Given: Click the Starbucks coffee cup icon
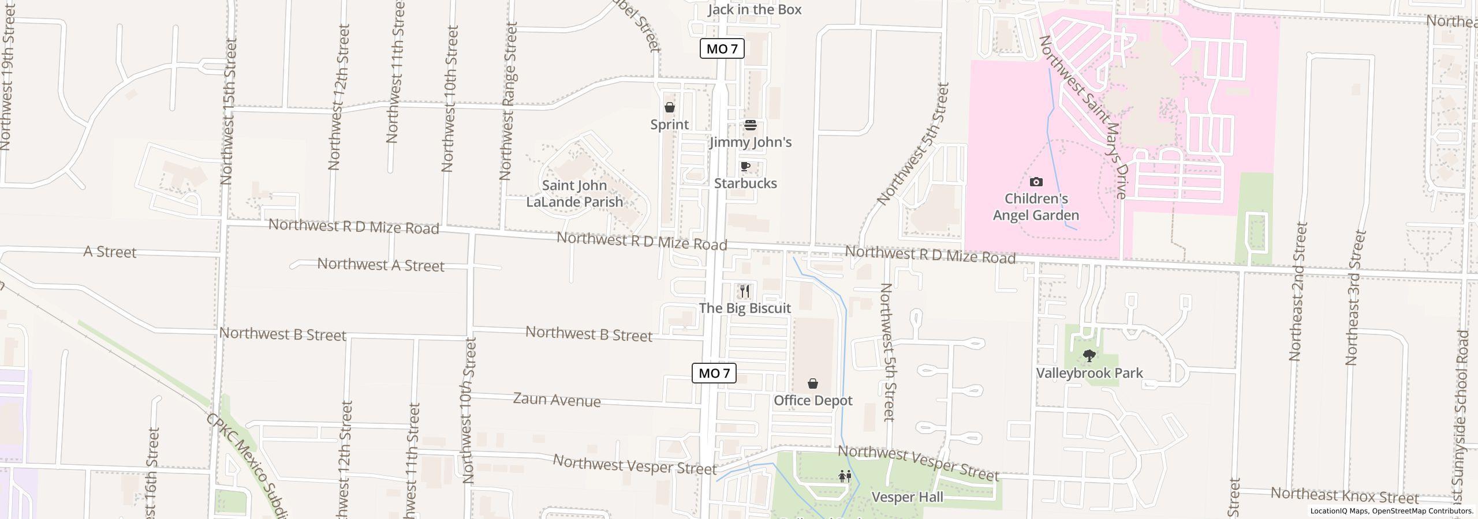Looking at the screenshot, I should point(745,167).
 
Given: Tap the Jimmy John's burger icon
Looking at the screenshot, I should point(751,125).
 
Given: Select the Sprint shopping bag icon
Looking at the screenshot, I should point(670,108).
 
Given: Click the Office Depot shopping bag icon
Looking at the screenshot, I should point(813,383).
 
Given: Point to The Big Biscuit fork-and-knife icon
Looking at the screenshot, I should point(745,291).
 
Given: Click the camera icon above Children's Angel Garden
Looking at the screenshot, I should point(1036,182).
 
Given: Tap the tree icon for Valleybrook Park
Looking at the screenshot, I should point(1089,356).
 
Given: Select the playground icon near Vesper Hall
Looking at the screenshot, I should point(845,476).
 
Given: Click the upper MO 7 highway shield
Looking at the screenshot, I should point(722,49).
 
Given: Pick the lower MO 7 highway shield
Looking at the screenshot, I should point(714,373).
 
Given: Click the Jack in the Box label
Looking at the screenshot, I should point(755,10).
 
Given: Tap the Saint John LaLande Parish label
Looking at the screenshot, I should point(574,194).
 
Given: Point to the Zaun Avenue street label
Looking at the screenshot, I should point(557,400).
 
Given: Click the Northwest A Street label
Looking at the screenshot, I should point(381,265).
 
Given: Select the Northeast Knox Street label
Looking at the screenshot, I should point(1345,495).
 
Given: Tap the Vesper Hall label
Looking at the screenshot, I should point(908,497).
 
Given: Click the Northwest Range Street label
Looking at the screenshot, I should point(507,101).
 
